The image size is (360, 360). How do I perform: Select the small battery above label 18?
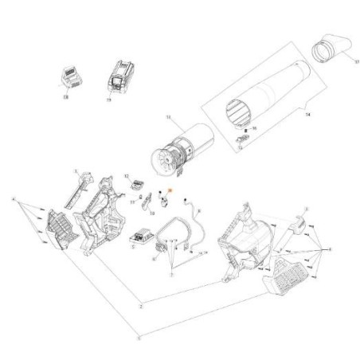(x=69, y=77)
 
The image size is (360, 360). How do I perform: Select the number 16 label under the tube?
(x=254, y=127)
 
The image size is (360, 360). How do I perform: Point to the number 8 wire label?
(x=198, y=211)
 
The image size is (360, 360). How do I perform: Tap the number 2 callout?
(x=140, y=307)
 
